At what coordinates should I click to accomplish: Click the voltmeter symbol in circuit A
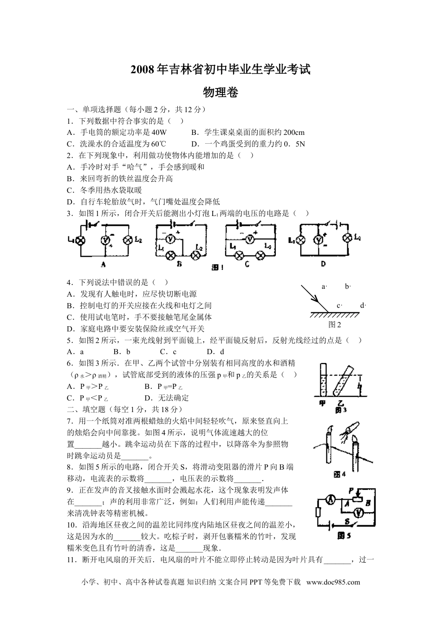pyautogui.click(x=105, y=240)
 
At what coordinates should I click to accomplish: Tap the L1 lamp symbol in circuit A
pyautogui.click(x=81, y=240)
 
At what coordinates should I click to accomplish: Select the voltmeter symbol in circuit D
pyautogui.click(x=318, y=240)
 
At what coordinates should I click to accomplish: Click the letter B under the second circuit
pyautogui.click(x=180, y=264)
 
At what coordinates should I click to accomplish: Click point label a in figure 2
pyautogui.click(x=324, y=286)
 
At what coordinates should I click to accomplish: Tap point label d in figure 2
pyautogui.click(x=363, y=305)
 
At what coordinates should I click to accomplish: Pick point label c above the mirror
pyautogui.click(x=339, y=305)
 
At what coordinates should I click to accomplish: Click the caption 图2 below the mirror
pyautogui.click(x=334, y=324)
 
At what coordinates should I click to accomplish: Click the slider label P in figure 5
pyautogui.click(x=351, y=490)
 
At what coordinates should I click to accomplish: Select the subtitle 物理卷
pyautogui.click(x=220, y=92)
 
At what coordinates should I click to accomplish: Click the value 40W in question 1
pyautogui.click(x=159, y=132)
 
